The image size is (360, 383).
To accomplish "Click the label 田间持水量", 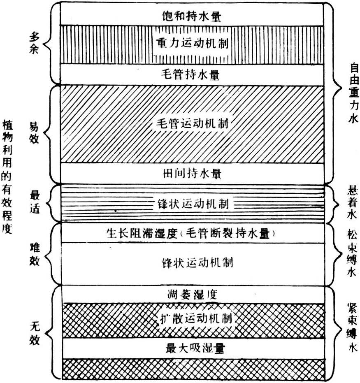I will (192, 173).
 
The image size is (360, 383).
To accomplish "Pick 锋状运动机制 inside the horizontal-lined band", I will (193, 203).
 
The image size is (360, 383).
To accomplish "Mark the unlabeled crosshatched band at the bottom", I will (192, 369).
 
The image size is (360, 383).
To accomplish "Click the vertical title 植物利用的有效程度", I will (8, 176).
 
